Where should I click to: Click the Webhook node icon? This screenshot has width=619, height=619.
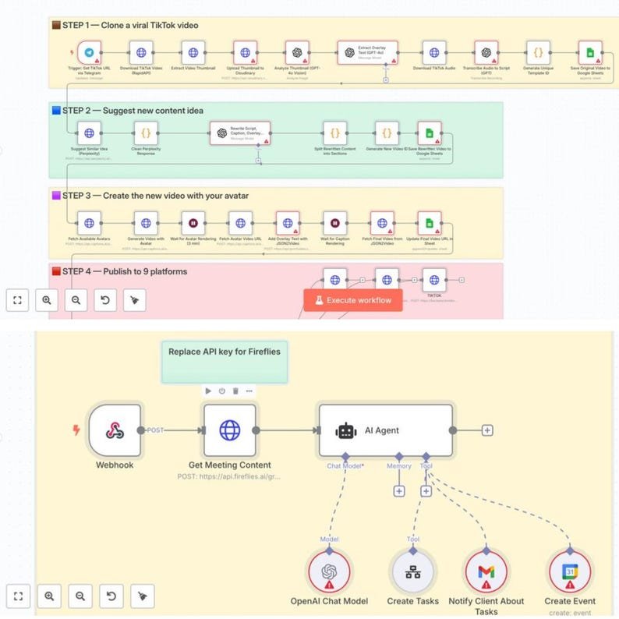pos(115,430)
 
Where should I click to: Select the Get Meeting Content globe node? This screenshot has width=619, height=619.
pos(229,430)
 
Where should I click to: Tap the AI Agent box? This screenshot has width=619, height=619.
pos(385,430)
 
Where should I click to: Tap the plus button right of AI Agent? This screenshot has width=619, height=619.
pos(487,430)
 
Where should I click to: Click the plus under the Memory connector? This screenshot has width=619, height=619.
pos(399,491)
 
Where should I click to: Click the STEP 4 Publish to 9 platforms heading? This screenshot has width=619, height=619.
pos(125,271)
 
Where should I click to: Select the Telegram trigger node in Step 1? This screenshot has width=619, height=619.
pos(90,53)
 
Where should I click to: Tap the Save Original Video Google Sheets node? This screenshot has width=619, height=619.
pos(589,53)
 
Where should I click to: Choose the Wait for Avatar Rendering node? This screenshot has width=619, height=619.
pos(193,222)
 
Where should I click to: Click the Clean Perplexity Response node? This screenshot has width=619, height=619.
pos(142,133)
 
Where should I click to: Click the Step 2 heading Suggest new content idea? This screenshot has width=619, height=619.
pos(133,111)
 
